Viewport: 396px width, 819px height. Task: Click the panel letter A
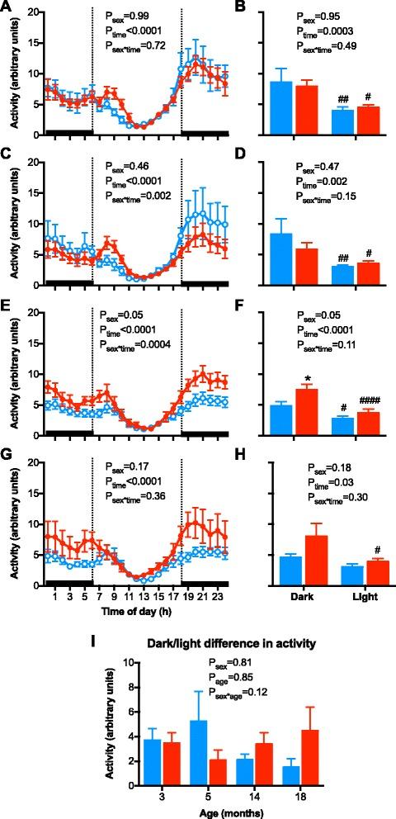[7, 7]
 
